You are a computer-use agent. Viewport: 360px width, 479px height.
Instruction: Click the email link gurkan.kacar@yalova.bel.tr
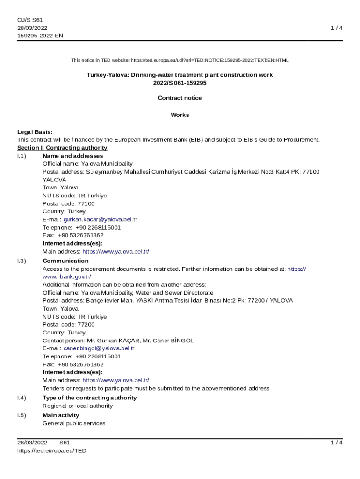pos(100,219)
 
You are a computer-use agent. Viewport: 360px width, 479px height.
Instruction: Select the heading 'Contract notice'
pos(180,98)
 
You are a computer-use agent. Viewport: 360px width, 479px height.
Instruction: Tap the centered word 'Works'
pos(180,115)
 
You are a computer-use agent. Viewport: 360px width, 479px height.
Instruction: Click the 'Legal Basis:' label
pos(35,132)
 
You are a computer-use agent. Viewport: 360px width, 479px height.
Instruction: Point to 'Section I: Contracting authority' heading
pos(62,148)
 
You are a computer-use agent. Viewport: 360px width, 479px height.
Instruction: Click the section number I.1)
pos(22,156)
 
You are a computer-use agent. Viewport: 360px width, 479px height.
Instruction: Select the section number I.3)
pos(22,261)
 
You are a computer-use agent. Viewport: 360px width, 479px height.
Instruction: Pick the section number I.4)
pos(22,398)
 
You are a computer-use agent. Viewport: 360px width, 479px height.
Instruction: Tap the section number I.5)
pos(22,415)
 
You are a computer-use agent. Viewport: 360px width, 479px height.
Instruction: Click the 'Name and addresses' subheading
pos(73,156)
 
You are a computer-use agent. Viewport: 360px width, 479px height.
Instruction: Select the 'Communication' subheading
pos(65,261)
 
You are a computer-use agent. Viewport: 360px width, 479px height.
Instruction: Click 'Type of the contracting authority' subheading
pos(90,398)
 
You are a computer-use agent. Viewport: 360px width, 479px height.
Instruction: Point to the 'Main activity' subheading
pos(61,415)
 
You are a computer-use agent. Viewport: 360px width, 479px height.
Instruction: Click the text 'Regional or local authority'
pos(78,406)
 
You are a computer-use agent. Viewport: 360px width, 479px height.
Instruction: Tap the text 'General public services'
pos(74,423)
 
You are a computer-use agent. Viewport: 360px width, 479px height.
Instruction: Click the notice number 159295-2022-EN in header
pos(40,36)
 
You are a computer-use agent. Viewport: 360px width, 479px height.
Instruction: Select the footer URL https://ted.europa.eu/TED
pos(52,451)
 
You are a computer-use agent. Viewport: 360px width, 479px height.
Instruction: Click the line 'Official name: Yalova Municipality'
pos(87,164)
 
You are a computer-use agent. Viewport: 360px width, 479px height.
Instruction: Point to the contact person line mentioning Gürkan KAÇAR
pos(118,341)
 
